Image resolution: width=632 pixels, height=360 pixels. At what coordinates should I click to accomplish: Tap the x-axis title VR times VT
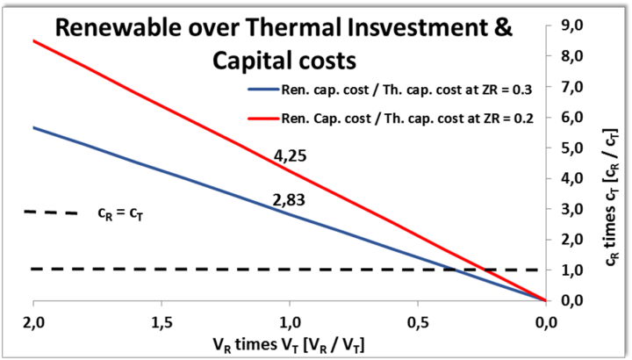point(290,341)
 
